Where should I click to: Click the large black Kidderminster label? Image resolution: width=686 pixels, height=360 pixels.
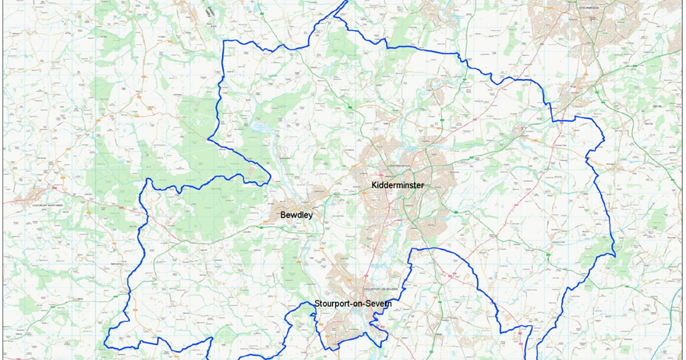tap(398, 185)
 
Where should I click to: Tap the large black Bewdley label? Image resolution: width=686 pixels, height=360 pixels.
tap(298, 215)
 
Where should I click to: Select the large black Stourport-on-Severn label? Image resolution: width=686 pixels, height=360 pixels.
tap(353, 303)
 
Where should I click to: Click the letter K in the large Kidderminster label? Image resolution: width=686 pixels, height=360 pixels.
tap(375, 185)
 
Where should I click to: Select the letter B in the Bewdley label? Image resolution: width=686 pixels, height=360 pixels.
tap(284, 215)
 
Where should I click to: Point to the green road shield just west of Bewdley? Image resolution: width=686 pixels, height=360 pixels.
tap(261, 227)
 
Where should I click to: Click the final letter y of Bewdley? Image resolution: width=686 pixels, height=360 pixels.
tap(312, 216)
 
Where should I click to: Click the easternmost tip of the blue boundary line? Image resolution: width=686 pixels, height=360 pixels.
tap(615, 253)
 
